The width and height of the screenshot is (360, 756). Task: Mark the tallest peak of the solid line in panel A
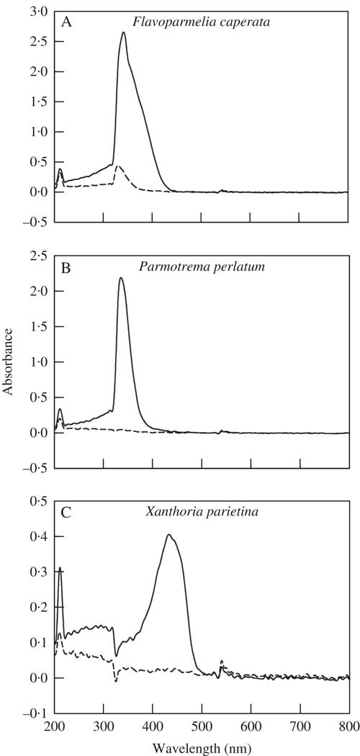tap(124, 33)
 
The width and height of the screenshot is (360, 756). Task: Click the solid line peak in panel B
tap(121, 278)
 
